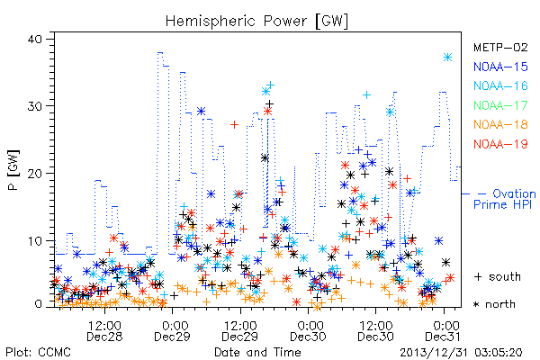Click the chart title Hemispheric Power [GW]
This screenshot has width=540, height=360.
point(256,21)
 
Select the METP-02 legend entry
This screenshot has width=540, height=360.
point(500,47)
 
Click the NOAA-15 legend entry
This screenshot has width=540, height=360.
point(500,67)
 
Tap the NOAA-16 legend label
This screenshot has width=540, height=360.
point(500,85)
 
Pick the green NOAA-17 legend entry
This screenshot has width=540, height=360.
point(500,105)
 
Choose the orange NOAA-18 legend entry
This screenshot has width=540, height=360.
point(500,124)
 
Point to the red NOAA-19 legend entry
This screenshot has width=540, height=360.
point(500,144)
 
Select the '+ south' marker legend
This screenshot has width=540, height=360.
point(498,276)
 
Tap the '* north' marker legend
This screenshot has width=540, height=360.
point(494,304)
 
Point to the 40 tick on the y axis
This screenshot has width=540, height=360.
point(34,39)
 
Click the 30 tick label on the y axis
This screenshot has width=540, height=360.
point(34,106)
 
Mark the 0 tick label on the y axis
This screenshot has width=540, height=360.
point(38,304)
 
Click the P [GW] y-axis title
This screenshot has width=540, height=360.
point(13,170)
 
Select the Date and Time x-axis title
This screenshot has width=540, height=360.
point(257,352)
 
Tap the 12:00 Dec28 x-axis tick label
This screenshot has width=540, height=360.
point(104,331)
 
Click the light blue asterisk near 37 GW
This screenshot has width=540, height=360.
point(447,58)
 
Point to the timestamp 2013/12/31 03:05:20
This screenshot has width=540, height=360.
point(461,353)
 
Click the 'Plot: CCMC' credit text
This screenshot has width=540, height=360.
point(38,353)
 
